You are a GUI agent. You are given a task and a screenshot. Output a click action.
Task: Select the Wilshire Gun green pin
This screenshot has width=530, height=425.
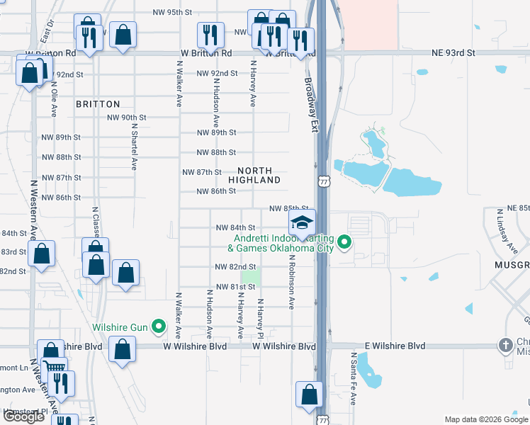pyautogui.click(x=159, y=327)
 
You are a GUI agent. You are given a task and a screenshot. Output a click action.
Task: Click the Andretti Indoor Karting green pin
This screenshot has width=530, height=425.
pyautogui.click(x=345, y=243)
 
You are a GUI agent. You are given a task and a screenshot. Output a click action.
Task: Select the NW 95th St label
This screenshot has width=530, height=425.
pyautogui.click(x=174, y=13)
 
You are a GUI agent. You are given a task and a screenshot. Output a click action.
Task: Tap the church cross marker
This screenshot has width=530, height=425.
pyautogui.click(x=505, y=345)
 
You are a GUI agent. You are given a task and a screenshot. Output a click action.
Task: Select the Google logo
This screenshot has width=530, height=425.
pyautogui.click(x=23, y=417)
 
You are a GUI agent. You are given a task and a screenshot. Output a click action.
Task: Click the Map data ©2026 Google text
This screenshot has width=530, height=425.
pyautogui.click(x=485, y=420)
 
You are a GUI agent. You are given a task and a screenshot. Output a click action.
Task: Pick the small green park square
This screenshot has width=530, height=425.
pyautogui.click(x=251, y=277)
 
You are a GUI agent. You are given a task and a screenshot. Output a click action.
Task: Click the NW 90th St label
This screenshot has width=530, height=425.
pyautogui.click(x=126, y=118)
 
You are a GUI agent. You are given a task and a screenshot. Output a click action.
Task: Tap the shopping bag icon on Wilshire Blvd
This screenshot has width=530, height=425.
pyautogui.click(x=123, y=348)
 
